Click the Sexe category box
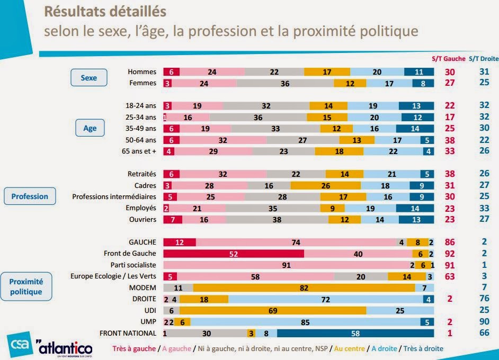[89, 78]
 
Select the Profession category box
[30, 196]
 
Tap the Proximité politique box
[26, 287]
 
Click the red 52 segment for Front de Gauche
[234, 254]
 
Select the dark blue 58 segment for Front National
[355, 333]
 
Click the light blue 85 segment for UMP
[305, 322]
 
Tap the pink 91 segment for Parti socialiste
[286, 265]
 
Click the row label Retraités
[142, 174]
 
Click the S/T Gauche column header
[447, 59]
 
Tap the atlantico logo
[65, 348]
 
